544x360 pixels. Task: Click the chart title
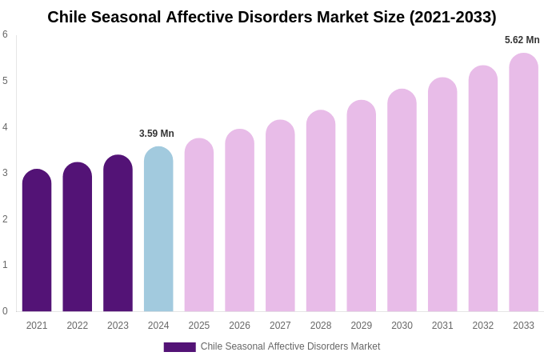(x=272, y=17)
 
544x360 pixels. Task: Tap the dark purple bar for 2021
(x=37, y=241)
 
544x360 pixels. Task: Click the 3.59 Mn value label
(x=157, y=134)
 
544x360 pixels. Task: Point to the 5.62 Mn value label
(x=522, y=40)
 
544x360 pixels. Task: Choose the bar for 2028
(x=321, y=211)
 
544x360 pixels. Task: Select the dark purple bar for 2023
(x=118, y=234)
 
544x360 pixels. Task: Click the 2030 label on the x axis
(x=402, y=326)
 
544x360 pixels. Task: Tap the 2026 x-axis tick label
(x=239, y=326)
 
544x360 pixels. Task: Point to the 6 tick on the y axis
(x=5, y=34)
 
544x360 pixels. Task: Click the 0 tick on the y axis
(x=5, y=311)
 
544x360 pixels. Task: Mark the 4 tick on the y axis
(x=5, y=127)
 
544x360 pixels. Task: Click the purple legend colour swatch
(x=179, y=347)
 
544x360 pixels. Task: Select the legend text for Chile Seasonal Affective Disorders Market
(x=290, y=346)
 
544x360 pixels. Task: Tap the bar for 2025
(x=199, y=226)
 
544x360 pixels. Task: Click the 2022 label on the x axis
(x=78, y=326)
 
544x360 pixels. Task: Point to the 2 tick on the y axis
(x=5, y=219)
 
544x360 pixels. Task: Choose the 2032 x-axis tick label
(x=483, y=326)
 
